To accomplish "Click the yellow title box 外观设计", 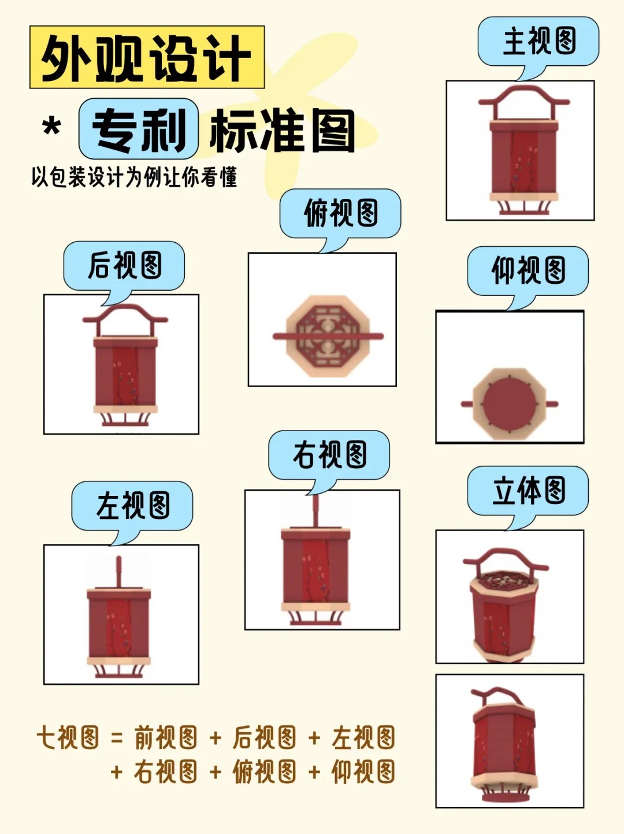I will click(x=147, y=57).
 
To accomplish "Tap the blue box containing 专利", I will click(x=139, y=129).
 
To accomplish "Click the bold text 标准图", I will click(x=282, y=131).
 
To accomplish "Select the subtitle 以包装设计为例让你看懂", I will click(x=134, y=177).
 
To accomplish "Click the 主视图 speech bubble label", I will click(x=538, y=42).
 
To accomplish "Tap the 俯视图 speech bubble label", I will click(x=340, y=213).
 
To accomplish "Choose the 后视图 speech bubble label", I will click(x=124, y=265).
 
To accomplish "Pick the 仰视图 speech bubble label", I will click(x=528, y=270).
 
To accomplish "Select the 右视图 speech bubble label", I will click(x=329, y=454).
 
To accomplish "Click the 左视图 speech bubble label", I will click(x=132, y=505).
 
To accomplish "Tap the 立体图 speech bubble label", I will click(x=528, y=491).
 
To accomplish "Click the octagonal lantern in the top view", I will click(x=328, y=336).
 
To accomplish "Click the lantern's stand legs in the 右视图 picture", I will click(x=315, y=618).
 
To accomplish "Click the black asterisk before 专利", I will click(x=52, y=127).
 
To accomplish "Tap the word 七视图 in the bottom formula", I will click(x=68, y=738).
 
